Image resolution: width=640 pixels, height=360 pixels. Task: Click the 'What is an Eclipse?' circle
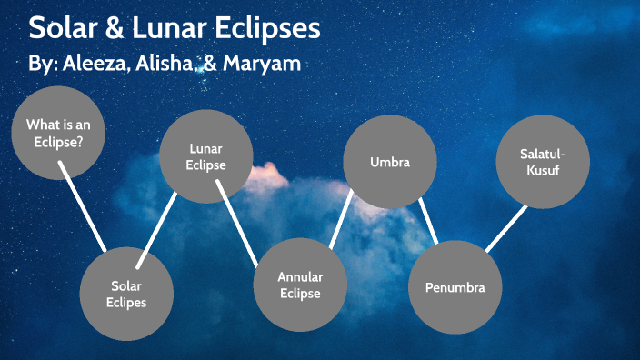tap(58, 134)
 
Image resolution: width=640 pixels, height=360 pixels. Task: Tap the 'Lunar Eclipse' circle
tap(205, 156)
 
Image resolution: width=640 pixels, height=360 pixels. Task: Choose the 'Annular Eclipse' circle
tap(300, 284)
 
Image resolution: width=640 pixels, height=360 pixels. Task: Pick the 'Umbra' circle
tap(390, 163)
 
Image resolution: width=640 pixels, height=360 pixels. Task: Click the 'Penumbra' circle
tap(455, 287)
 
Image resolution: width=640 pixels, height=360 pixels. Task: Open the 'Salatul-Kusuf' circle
tap(542, 161)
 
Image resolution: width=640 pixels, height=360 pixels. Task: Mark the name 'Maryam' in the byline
tap(267, 65)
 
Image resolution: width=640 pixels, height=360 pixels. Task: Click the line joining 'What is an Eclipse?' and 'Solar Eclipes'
tap(84, 206)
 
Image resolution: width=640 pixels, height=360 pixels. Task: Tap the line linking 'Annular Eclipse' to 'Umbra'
tap(341, 218)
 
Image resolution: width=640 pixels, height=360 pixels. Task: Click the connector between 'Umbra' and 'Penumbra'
tap(428, 221)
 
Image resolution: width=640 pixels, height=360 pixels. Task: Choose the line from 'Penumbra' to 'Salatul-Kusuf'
tap(506, 227)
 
